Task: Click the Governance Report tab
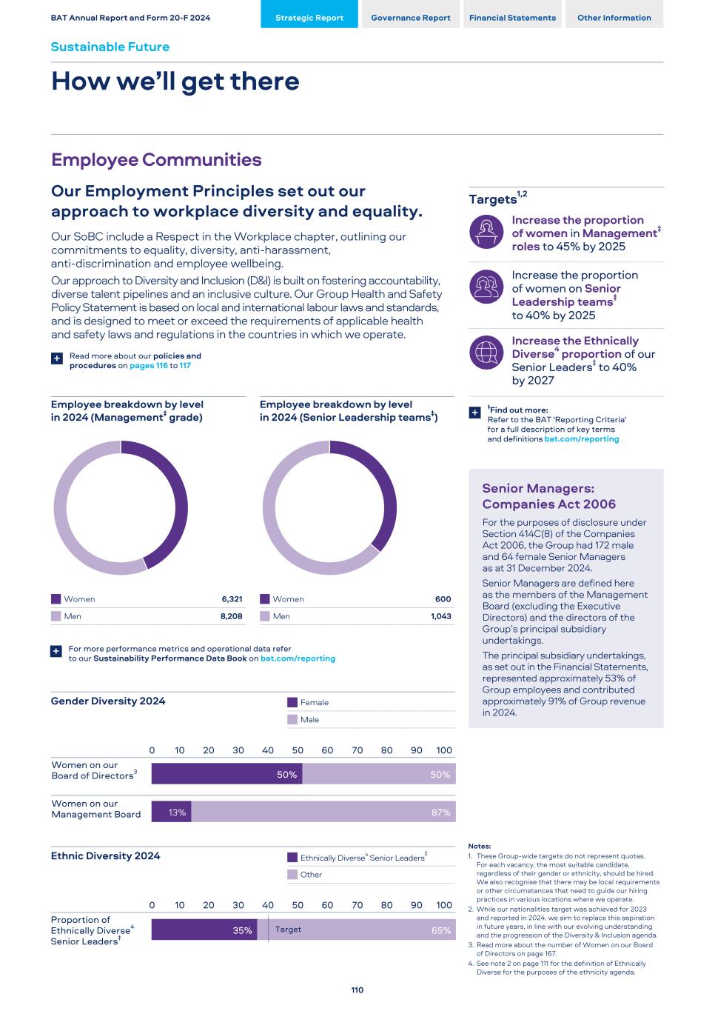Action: (x=410, y=18)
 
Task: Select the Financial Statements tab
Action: (x=512, y=18)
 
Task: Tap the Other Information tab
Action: (x=614, y=18)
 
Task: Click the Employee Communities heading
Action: (x=156, y=160)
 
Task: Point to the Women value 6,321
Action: (x=232, y=599)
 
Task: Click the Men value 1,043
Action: (x=440, y=616)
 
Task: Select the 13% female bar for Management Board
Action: (x=171, y=813)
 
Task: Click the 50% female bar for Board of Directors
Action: (x=226, y=775)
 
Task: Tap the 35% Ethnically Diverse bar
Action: (x=209, y=930)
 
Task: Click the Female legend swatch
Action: (x=292, y=702)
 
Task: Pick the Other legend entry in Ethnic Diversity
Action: (x=311, y=875)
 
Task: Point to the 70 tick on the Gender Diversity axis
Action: (x=357, y=750)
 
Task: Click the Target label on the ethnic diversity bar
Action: (x=288, y=930)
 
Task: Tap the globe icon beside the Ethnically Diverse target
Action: (x=486, y=353)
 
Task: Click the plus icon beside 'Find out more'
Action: (x=475, y=413)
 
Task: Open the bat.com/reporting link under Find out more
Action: (x=581, y=439)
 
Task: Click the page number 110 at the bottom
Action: (x=357, y=990)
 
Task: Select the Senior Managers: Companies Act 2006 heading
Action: (x=548, y=496)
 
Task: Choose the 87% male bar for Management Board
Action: (x=323, y=813)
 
